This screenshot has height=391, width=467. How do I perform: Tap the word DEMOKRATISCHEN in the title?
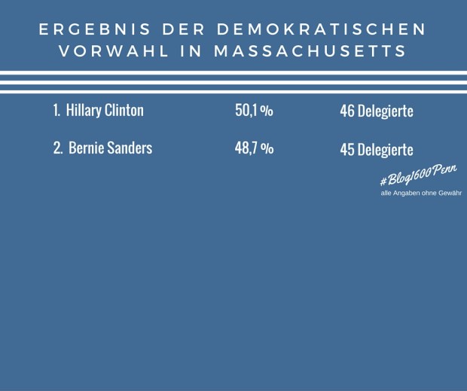tap(322, 29)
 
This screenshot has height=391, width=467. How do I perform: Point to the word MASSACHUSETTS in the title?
tap(310, 52)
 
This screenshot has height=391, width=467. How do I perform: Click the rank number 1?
tap(56, 111)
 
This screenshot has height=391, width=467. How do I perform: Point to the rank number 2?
tap(57, 148)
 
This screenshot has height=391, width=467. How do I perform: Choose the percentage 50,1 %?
tap(254, 111)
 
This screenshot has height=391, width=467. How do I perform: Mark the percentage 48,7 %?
tap(254, 148)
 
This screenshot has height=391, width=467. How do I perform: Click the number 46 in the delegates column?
tap(346, 111)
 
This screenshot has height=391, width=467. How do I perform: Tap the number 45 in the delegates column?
tap(346, 149)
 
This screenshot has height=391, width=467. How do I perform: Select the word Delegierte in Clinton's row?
tap(385, 111)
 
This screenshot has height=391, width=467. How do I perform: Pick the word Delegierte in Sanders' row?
tap(385, 149)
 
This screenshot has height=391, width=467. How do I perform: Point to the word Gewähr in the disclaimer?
tap(448, 193)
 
